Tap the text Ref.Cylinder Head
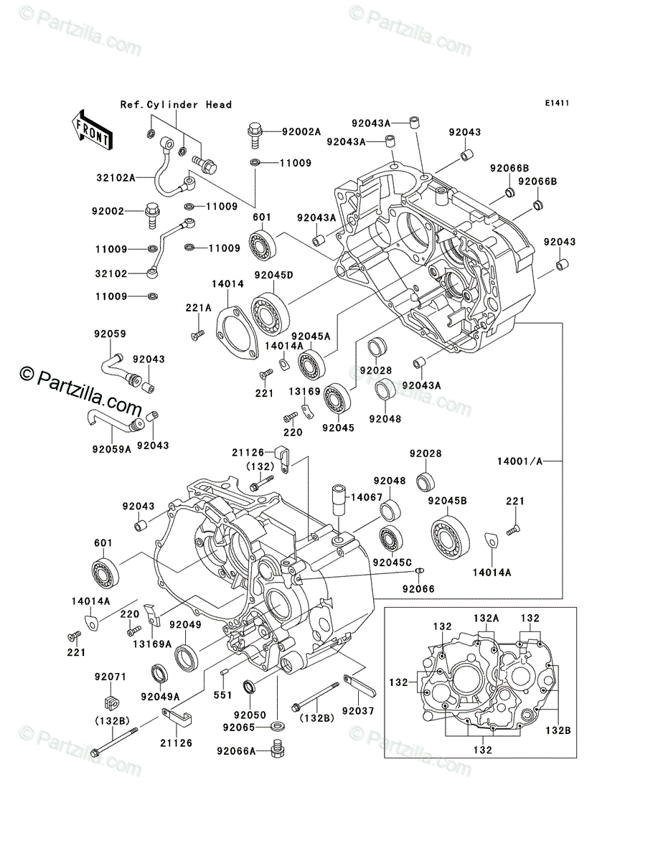176,105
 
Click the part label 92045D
270,274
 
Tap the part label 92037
358,710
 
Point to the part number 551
222,695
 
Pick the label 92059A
112,449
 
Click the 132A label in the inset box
486,617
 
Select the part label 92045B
448,500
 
